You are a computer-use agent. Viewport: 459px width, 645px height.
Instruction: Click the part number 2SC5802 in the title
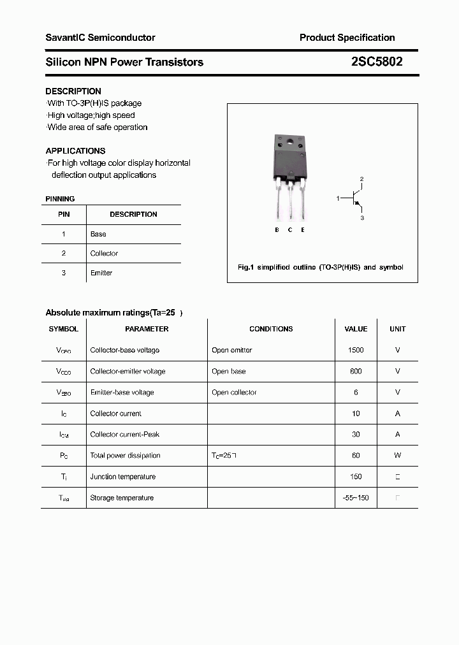pyautogui.click(x=376, y=62)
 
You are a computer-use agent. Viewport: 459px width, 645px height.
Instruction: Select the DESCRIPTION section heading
pyautogui.click(x=73, y=91)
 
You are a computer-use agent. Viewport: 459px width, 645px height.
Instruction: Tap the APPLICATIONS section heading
pyautogui.click(x=75, y=151)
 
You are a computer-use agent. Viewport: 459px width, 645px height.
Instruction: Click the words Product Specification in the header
pyautogui.click(x=347, y=38)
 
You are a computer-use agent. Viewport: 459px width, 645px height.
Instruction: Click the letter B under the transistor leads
pyautogui.click(x=277, y=230)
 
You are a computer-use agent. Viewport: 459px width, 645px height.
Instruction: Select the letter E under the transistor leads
pyautogui.click(x=303, y=230)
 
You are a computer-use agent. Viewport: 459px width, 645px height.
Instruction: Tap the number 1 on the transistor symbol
pyautogui.click(x=338, y=199)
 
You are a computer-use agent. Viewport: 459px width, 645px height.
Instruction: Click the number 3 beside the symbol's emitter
pyautogui.click(x=361, y=218)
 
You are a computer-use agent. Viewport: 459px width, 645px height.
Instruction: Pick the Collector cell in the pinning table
pyautogui.click(x=104, y=254)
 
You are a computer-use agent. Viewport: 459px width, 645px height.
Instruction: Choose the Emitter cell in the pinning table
pyautogui.click(x=101, y=273)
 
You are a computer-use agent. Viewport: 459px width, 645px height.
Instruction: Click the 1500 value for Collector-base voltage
pyautogui.click(x=356, y=350)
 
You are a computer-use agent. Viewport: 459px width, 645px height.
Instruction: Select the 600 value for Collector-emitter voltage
pyautogui.click(x=356, y=371)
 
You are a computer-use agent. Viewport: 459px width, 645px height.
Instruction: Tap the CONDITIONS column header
pyautogui.click(x=271, y=329)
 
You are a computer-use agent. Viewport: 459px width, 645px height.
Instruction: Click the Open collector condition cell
pyautogui.click(x=234, y=393)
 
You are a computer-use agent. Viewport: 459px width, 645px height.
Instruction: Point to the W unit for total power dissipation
pyautogui.click(x=398, y=456)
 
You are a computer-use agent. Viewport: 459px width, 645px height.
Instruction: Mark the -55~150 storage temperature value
pyautogui.click(x=356, y=498)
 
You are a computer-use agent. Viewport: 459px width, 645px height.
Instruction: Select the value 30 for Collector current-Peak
pyautogui.click(x=356, y=435)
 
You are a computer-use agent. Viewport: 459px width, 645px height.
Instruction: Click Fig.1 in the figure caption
pyautogui.click(x=246, y=268)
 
